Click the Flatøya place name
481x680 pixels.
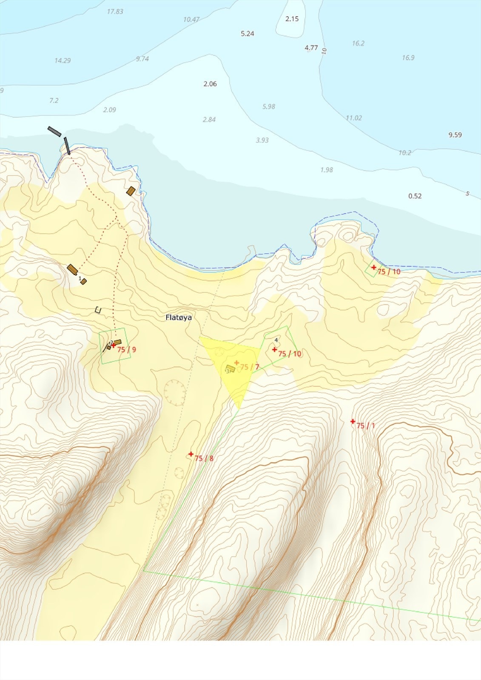(x=179, y=317)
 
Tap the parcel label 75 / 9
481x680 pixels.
(x=127, y=350)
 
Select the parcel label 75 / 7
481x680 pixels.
(x=250, y=367)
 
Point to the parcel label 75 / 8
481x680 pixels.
(x=204, y=458)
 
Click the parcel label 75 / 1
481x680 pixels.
(x=366, y=425)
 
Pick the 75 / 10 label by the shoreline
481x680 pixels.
(x=389, y=272)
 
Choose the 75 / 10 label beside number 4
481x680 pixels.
(x=290, y=354)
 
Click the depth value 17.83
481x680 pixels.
(x=115, y=11)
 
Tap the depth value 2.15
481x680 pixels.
(x=292, y=19)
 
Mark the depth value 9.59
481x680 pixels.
(x=455, y=135)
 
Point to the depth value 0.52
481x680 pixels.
(x=415, y=196)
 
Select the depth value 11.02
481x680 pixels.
(x=353, y=118)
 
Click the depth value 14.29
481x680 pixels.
(x=63, y=60)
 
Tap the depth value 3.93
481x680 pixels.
(x=262, y=140)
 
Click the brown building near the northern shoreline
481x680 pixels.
(x=131, y=191)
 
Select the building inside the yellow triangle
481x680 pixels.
(x=230, y=368)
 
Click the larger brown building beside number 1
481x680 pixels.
(x=72, y=269)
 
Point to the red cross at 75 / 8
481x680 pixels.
(x=191, y=454)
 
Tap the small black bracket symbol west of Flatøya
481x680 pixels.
(x=98, y=310)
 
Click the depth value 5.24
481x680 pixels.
(x=248, y=34)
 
